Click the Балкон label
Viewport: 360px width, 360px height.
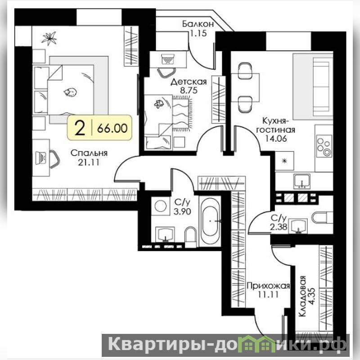coord(198,24)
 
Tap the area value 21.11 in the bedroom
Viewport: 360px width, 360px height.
coord(89,162)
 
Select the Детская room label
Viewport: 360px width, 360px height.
coord(189,81)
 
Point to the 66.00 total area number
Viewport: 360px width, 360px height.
coord(112,128)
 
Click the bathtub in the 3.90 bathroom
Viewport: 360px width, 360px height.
coord(210,221)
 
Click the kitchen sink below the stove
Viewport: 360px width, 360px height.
coord(302,181)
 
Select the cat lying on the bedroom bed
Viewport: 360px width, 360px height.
coord(70,92)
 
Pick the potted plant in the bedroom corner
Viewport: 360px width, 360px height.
coord(49,38)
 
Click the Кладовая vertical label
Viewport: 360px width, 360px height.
coord(302,297)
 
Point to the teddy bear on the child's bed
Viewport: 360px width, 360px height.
coord(159,103)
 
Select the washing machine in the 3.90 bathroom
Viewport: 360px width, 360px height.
coord(161,206)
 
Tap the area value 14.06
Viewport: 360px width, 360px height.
coord(276,139)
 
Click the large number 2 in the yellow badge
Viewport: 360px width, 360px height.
coord(80,128)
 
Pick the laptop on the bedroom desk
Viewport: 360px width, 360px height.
coord(40,157)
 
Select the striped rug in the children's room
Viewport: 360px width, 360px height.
coord(181,114)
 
